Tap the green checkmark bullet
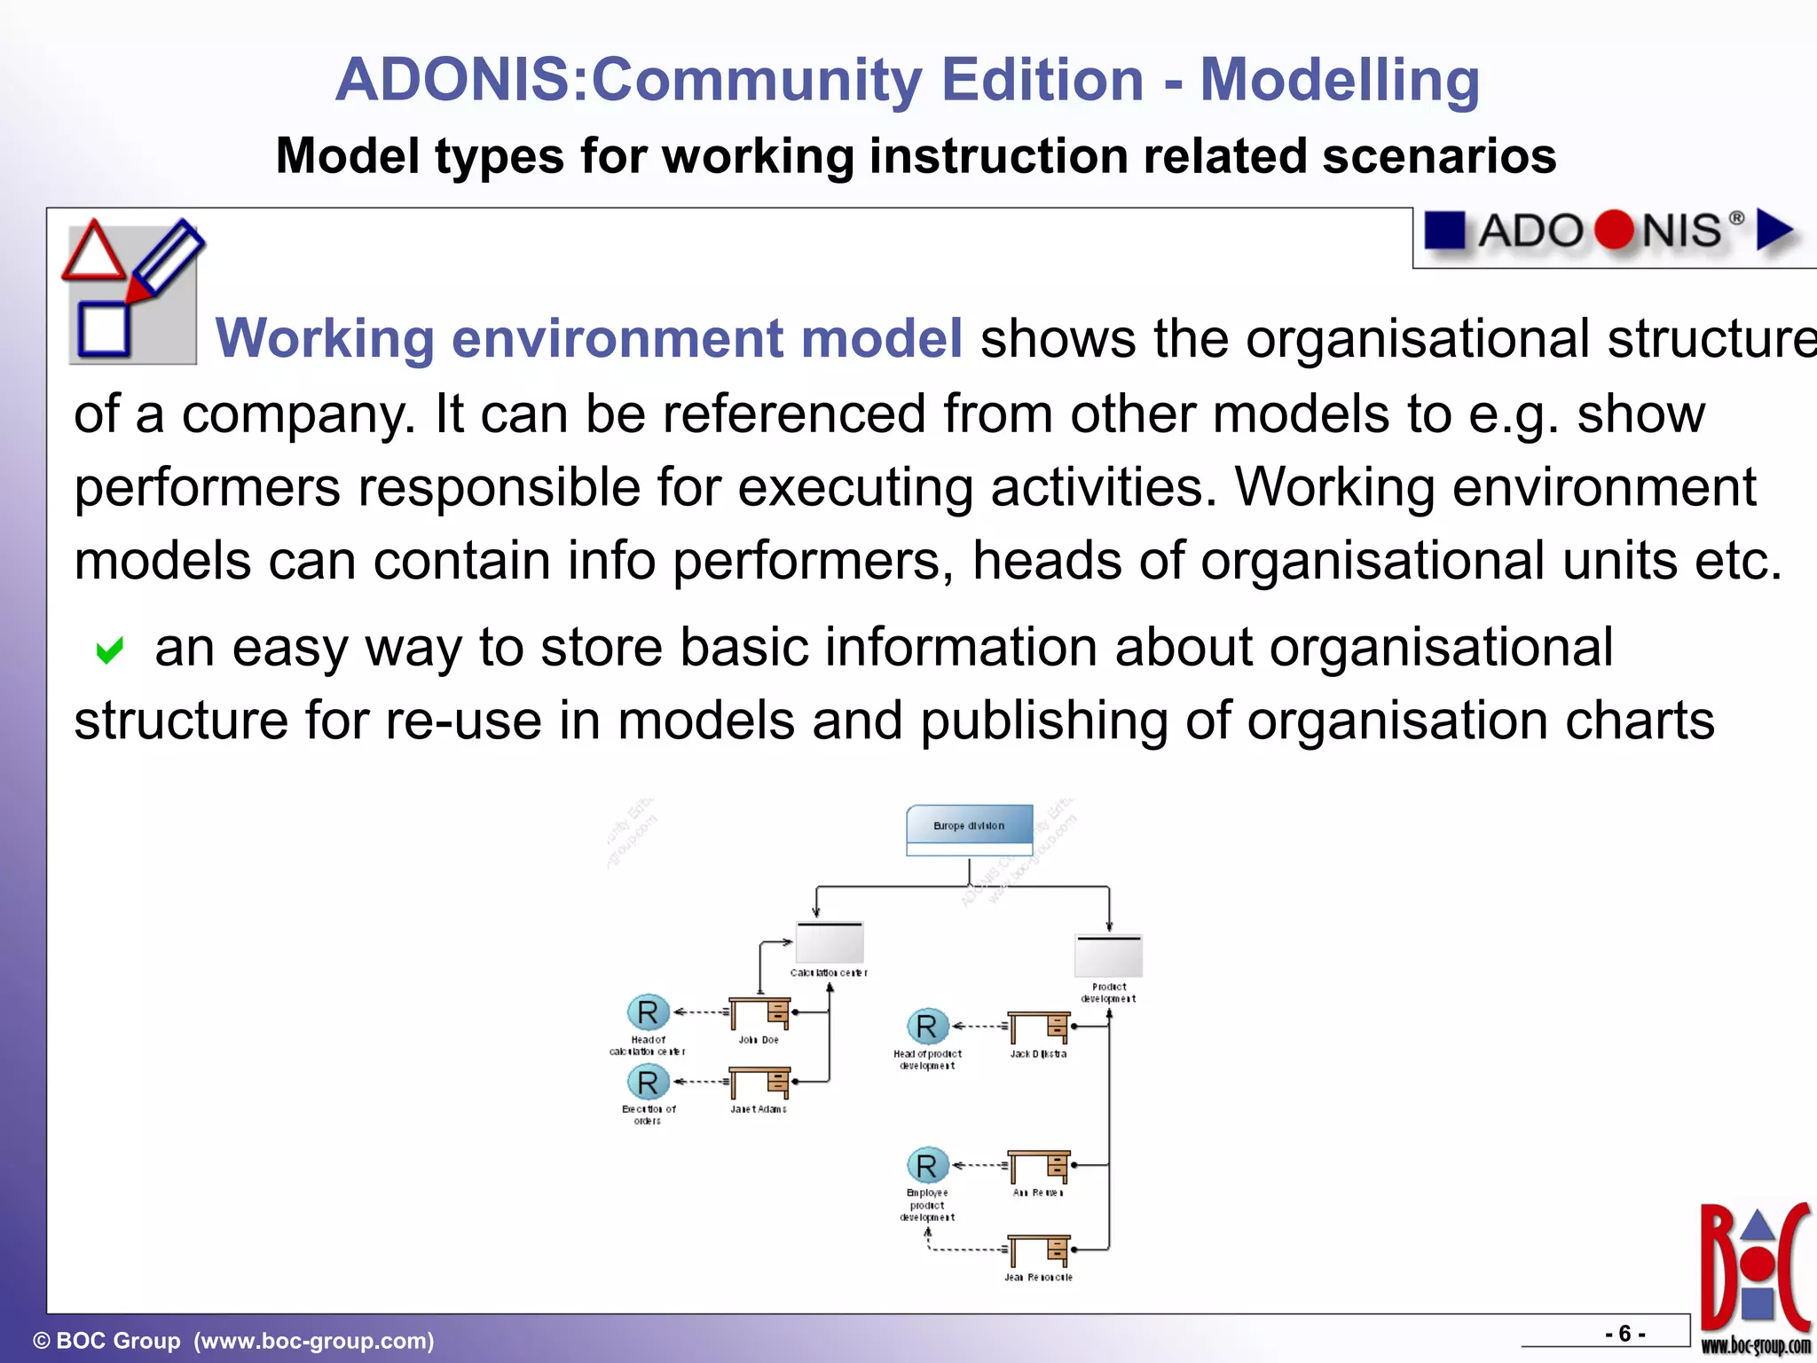pyautogui.click(x=109, y=650)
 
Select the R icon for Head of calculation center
pyautogui.click(x=648, y=1012)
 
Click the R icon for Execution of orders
pyautogui.click(x=648, y=1083)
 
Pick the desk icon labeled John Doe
pyautogui.click(x=759, y=1013)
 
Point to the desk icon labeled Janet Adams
pyautogui.click(x=759, y=1083)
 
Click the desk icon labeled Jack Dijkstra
pyautogui.click(x=1039, y=1028)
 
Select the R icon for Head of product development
pyautogui.click(x=927, y=1027)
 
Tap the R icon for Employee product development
pyautogui.click(x=927, y=1166)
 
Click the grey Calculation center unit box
pyautogui.click(x=830, y=942)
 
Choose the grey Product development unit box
pyautogui.click(x=1108, y=956)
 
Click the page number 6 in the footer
pyautogui.click(x=1624, y=1334)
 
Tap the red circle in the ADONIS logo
pyautogui.click(x=1613, y=231)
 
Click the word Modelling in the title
pyautogui.click(x=1339, y=80)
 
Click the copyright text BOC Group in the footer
pyautogui.click(x=118, y=1340)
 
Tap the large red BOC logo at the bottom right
pyautogui.click(x=1754, y=1269)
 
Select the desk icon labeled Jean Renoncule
pyautogui.click(x=1039, y=1251)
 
